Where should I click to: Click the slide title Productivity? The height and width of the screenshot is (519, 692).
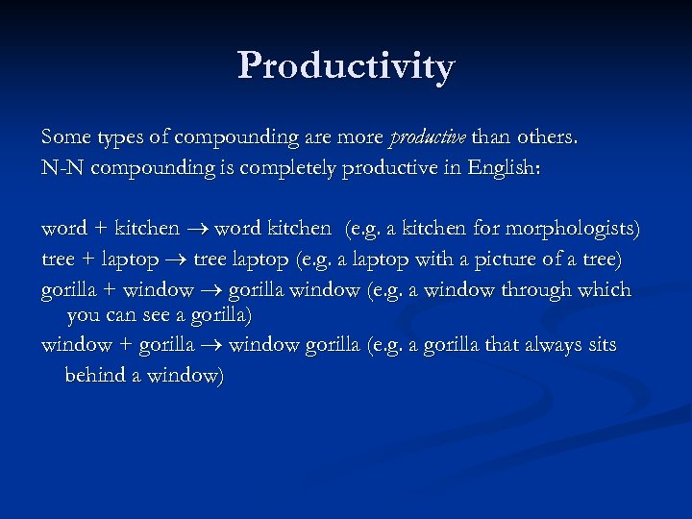(346, 66)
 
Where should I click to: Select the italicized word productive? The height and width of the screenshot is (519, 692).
(427, 137)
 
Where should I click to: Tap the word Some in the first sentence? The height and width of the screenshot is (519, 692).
(64, 137)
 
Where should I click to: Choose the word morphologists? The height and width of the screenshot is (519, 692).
(578, 230)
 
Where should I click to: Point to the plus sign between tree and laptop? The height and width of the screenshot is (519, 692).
(87, 259)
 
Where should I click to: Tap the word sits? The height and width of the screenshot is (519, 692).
(601, 345)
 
